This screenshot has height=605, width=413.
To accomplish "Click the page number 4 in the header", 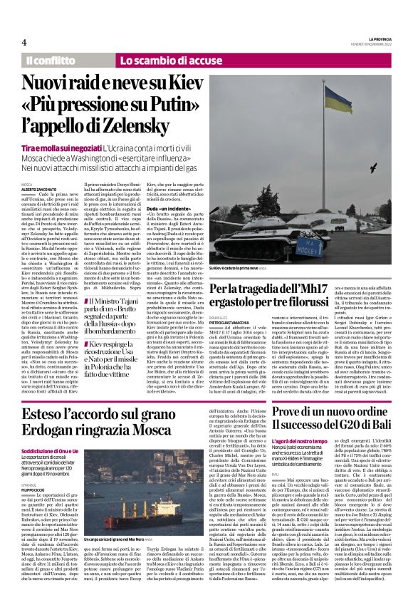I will pyautogui.click(x=23, y=42).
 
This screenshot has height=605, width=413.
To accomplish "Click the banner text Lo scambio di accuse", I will pyautogui.click(x=161, y=61).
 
